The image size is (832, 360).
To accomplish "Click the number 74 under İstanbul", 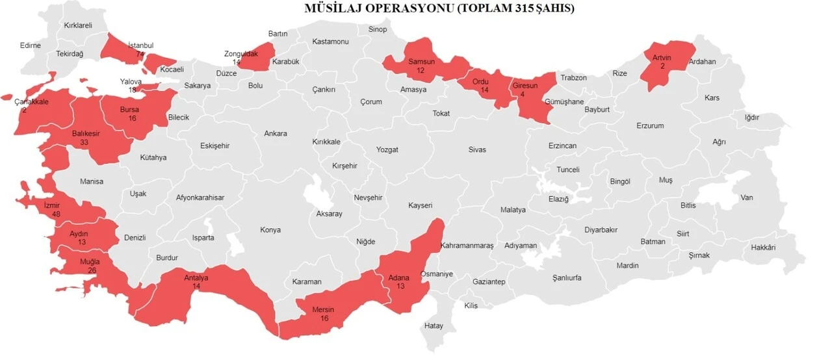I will pos(140,54).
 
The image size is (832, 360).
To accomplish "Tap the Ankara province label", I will pos(275,134).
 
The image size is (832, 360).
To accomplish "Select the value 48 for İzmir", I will pos(56,214).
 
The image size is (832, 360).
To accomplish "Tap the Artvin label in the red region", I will pos(662,58).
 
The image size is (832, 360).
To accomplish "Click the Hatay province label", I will pos(434,326).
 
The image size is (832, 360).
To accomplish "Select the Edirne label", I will pos(31,45).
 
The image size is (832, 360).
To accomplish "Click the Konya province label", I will pos(270,230).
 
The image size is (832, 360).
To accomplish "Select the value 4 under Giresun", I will pos(522,95).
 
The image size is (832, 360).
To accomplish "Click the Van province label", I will pos(747,198).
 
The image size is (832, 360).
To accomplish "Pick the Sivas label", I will pos(476,149).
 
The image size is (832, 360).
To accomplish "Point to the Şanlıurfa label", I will pos(567,278).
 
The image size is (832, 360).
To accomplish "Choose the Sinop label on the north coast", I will pos(378,29).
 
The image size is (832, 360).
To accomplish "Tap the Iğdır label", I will pos(752,118).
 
